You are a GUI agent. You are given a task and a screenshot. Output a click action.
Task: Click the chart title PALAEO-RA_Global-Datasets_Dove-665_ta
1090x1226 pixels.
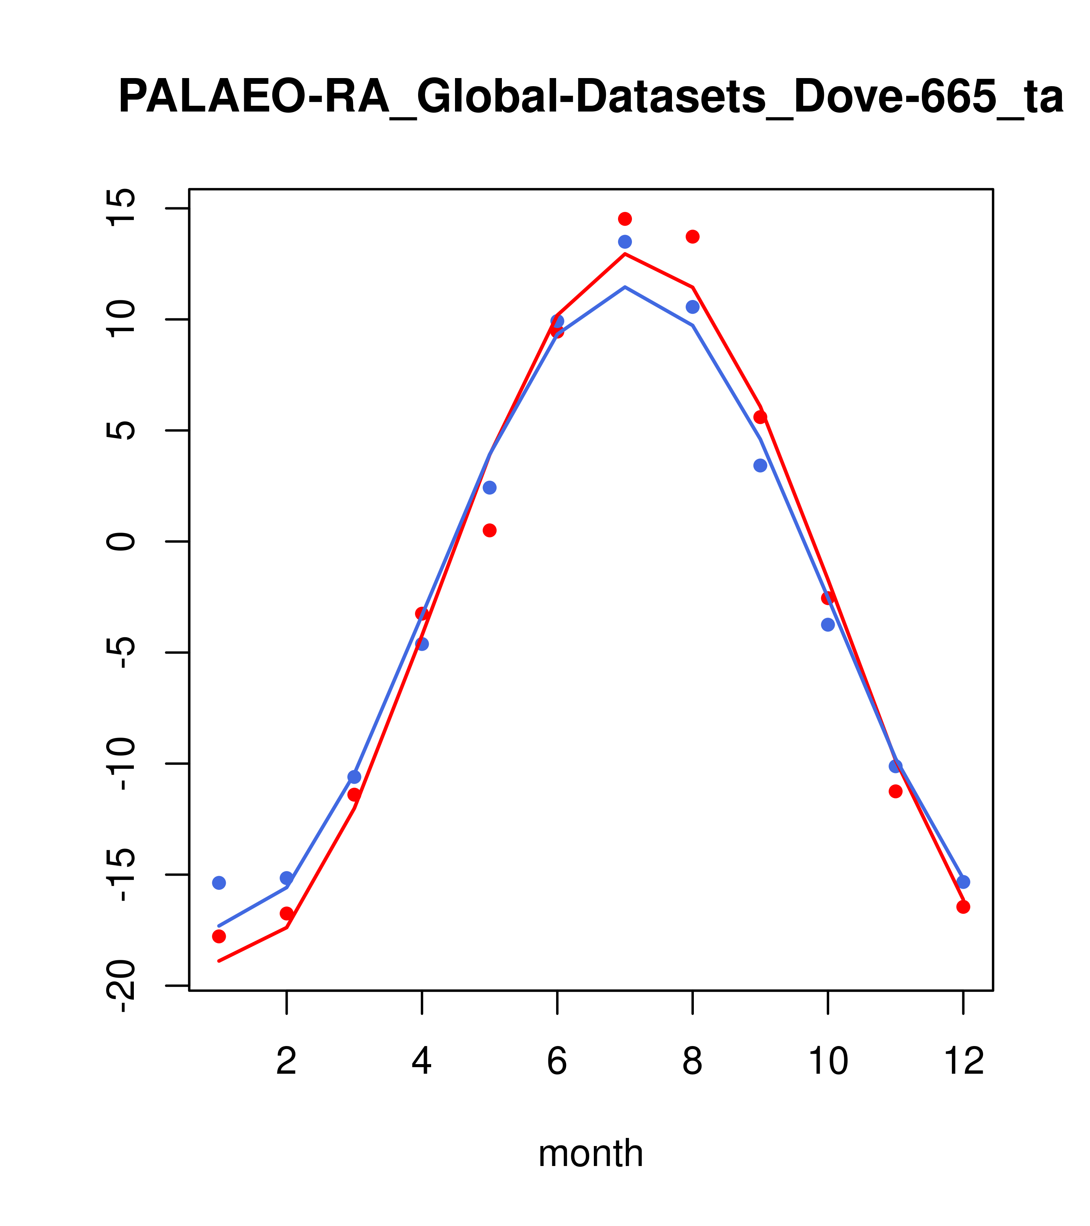pyautogui.click(x=590, y=97)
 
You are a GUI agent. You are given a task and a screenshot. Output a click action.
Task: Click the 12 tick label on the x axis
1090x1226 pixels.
pyautogui.click(x=963, y=1062)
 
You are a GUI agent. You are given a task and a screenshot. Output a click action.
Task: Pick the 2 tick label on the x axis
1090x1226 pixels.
pyautogui.click(x=287, y=1062)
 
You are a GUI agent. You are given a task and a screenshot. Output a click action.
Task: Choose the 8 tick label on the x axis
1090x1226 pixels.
pyautogui.click(x=692, y=1062)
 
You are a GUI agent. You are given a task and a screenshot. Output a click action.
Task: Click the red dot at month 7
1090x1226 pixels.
pyautogui.click(x=625, y=218)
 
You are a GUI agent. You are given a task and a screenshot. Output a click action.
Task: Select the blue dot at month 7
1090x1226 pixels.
pyautogui.click(x=625, y=242)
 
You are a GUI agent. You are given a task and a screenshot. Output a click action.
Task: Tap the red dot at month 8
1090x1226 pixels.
pyautogui.click(x=693, y=237)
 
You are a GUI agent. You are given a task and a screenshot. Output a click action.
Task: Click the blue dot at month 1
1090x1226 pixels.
pyautogui.click(x=219, y=883)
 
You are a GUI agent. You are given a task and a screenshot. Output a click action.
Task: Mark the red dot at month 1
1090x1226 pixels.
pyautogui.click(x=219, y=936)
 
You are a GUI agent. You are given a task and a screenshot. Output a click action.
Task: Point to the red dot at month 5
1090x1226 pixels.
pyautogui.click(x=490, y=530)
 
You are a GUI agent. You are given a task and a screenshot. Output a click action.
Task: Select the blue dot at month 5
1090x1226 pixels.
pyautogui.click(x=490, y=488)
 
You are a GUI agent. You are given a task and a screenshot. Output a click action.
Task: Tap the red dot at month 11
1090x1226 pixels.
pyautogui.click(x=896, y=791)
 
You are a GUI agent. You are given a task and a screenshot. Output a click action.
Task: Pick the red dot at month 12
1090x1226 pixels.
pyautogui.click(x=963, y=907)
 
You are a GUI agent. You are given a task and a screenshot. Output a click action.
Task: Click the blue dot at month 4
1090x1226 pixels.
pyautogui.click(x=422, y=644)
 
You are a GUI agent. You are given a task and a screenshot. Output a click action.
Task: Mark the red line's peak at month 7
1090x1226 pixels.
pyautogui.click(x=625, y=254)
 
